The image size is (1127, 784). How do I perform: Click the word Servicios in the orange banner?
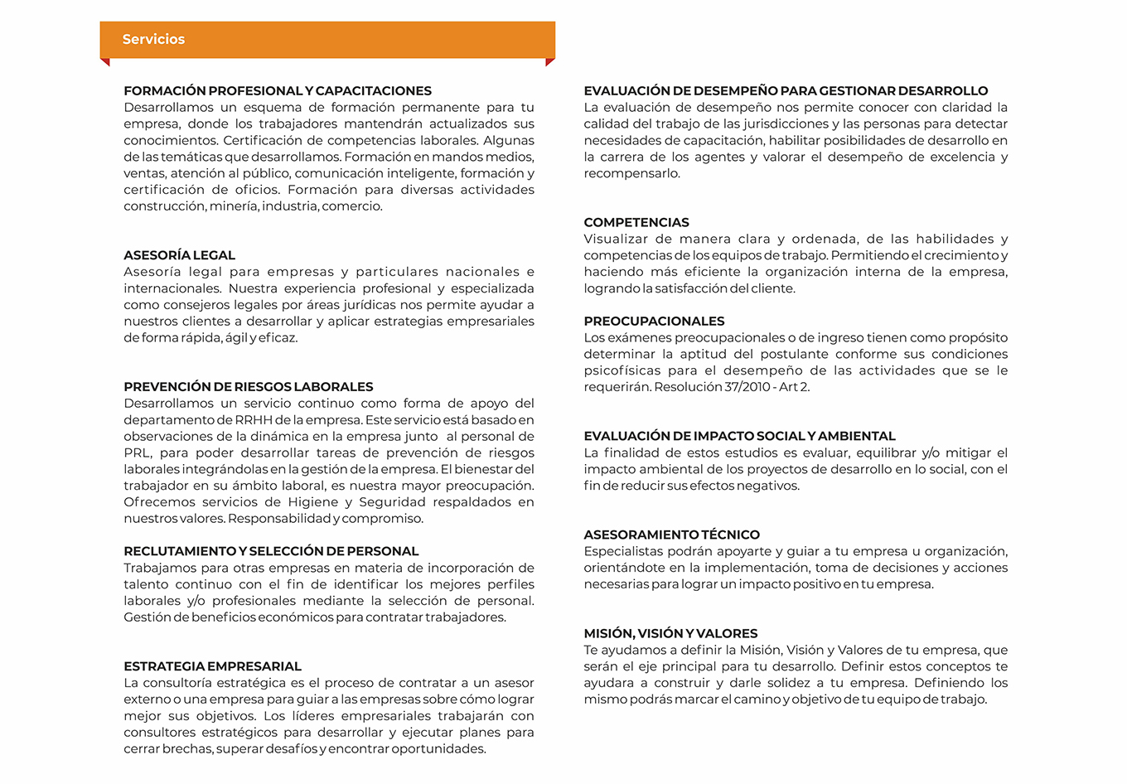[153, 39]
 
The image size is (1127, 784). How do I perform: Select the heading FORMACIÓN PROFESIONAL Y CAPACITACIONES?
[278, 90]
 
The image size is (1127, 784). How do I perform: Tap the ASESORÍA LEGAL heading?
[179, 255]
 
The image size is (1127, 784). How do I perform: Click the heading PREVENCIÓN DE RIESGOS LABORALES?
[248, 386]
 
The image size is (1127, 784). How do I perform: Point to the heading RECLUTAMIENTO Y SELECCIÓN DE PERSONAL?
[271, 551]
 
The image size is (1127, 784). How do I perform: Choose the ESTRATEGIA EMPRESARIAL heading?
[212, 666]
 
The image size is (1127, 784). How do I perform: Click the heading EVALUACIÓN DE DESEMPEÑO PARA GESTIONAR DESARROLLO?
[786, 90]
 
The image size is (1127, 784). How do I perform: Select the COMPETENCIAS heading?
[636, 222]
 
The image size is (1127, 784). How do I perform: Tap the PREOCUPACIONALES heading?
[654, 321]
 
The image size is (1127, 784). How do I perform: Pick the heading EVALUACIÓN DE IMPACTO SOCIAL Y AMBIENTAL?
[739, 436]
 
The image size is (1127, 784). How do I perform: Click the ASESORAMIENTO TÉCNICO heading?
[671, 535]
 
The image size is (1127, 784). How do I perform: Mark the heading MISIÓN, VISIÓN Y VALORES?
[670, 633]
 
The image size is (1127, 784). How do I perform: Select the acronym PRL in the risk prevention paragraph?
[137, 453]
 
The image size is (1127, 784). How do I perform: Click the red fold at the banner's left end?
[105, 62]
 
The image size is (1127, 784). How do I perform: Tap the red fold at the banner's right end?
[550, 62]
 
